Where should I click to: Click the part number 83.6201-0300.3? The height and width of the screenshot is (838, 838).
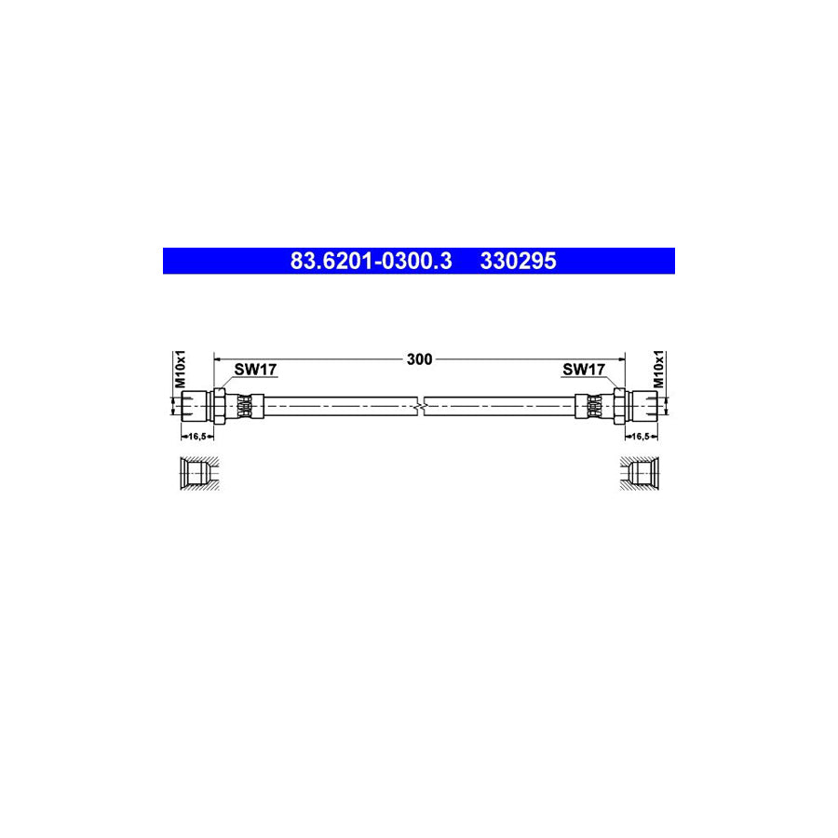(371, 262)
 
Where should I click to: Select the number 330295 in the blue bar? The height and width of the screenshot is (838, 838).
(518, 262)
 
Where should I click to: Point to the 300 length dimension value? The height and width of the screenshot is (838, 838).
(420, 359)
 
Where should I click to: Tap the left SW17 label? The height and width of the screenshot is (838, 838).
(255, 370)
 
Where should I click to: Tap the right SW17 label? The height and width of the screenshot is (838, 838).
(584, 370)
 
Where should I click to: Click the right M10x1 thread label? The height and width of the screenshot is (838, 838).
(657, 370)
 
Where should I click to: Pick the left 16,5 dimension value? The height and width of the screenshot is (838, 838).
(196, 436)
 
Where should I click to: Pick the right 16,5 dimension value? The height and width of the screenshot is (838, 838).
(642, 436)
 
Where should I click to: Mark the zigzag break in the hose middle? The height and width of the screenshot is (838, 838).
(420, 406)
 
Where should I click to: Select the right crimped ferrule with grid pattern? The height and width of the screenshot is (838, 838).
(594, 406)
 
